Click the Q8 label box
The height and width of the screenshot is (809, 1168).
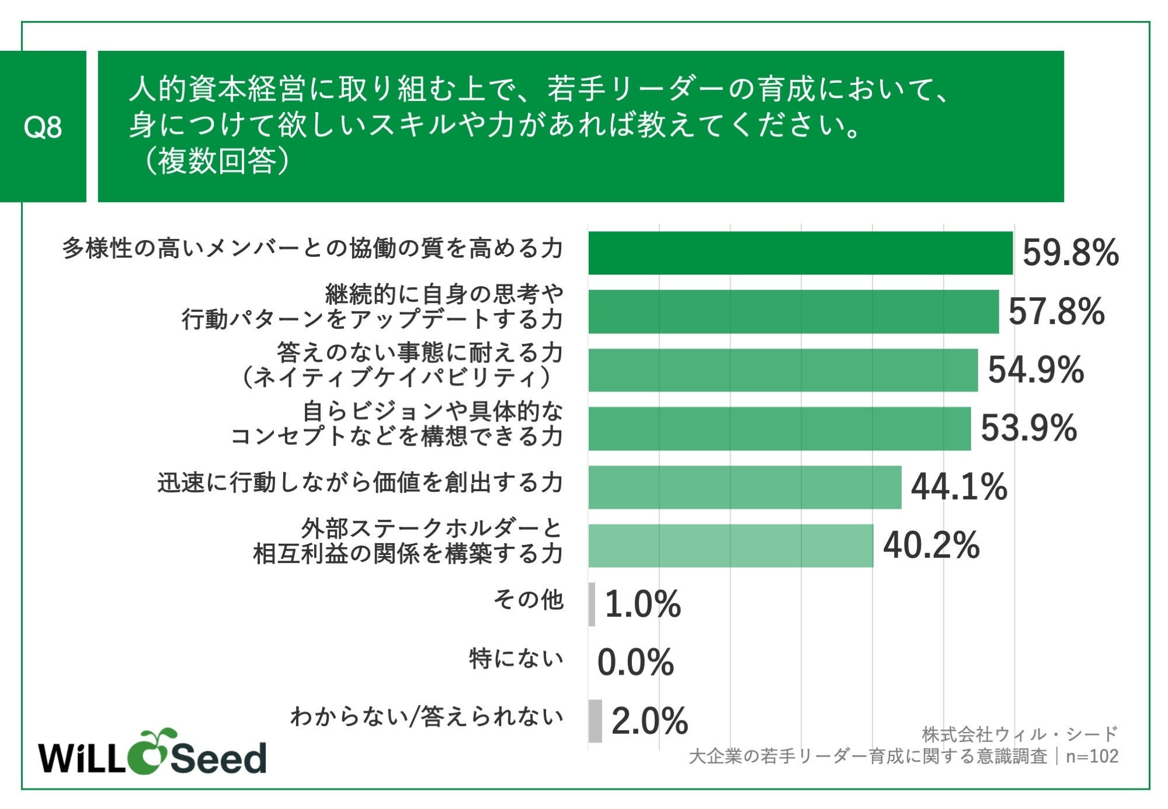[x=43, y=126]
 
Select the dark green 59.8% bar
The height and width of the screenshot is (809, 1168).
[x=800, y=253]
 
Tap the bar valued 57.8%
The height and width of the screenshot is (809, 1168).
[x=793, y=311]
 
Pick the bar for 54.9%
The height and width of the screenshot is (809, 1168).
[x=783, y=370]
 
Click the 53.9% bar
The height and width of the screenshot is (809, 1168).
[x=779, y=428]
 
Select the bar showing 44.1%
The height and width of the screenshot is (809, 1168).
[x=745, y=487]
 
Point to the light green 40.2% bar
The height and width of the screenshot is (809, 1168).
[x=731, y=545]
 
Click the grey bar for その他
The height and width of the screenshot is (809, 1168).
[x=592, y=604]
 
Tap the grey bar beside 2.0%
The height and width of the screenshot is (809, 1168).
[x=595, y=721]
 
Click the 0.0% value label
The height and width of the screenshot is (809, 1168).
[x=635, y=662]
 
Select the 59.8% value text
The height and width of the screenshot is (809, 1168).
[x=1070, y=253]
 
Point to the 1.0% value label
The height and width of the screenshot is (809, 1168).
[x=642, y=604]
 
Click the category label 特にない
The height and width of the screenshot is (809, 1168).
[x=516, y=659]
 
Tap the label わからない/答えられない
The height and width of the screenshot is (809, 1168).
[x=426, y=717]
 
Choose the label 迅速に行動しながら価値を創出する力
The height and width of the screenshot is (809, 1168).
[x=360, y=483]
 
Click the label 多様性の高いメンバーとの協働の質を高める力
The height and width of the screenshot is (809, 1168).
[x=312, y=249]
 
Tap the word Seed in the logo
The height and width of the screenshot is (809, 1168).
[x=218, y=758]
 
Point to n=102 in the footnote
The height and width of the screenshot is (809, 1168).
[x=1091, y=756]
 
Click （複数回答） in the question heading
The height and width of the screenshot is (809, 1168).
[x=215, y=161]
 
